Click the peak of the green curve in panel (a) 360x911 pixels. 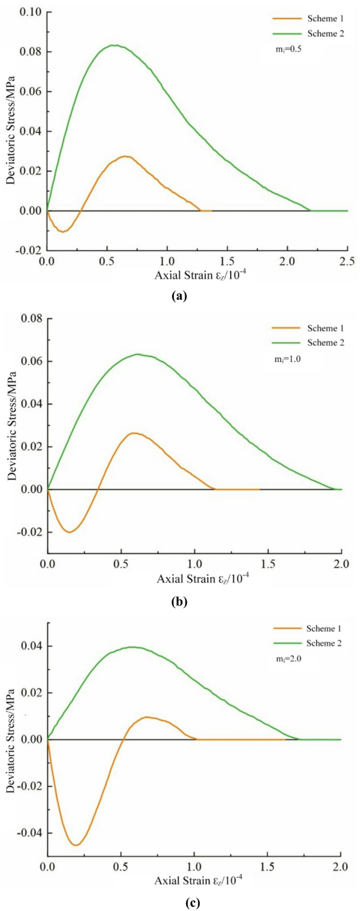tap(115, 45)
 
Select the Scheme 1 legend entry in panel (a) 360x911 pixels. tap(307, 19)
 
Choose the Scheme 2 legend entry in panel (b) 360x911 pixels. tap(307, 343)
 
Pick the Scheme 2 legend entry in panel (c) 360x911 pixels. tap(307, 643)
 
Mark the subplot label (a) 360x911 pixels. tap(179, 296)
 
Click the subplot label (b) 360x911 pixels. tap(179, 602)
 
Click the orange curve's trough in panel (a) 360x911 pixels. tap(63, 231)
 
